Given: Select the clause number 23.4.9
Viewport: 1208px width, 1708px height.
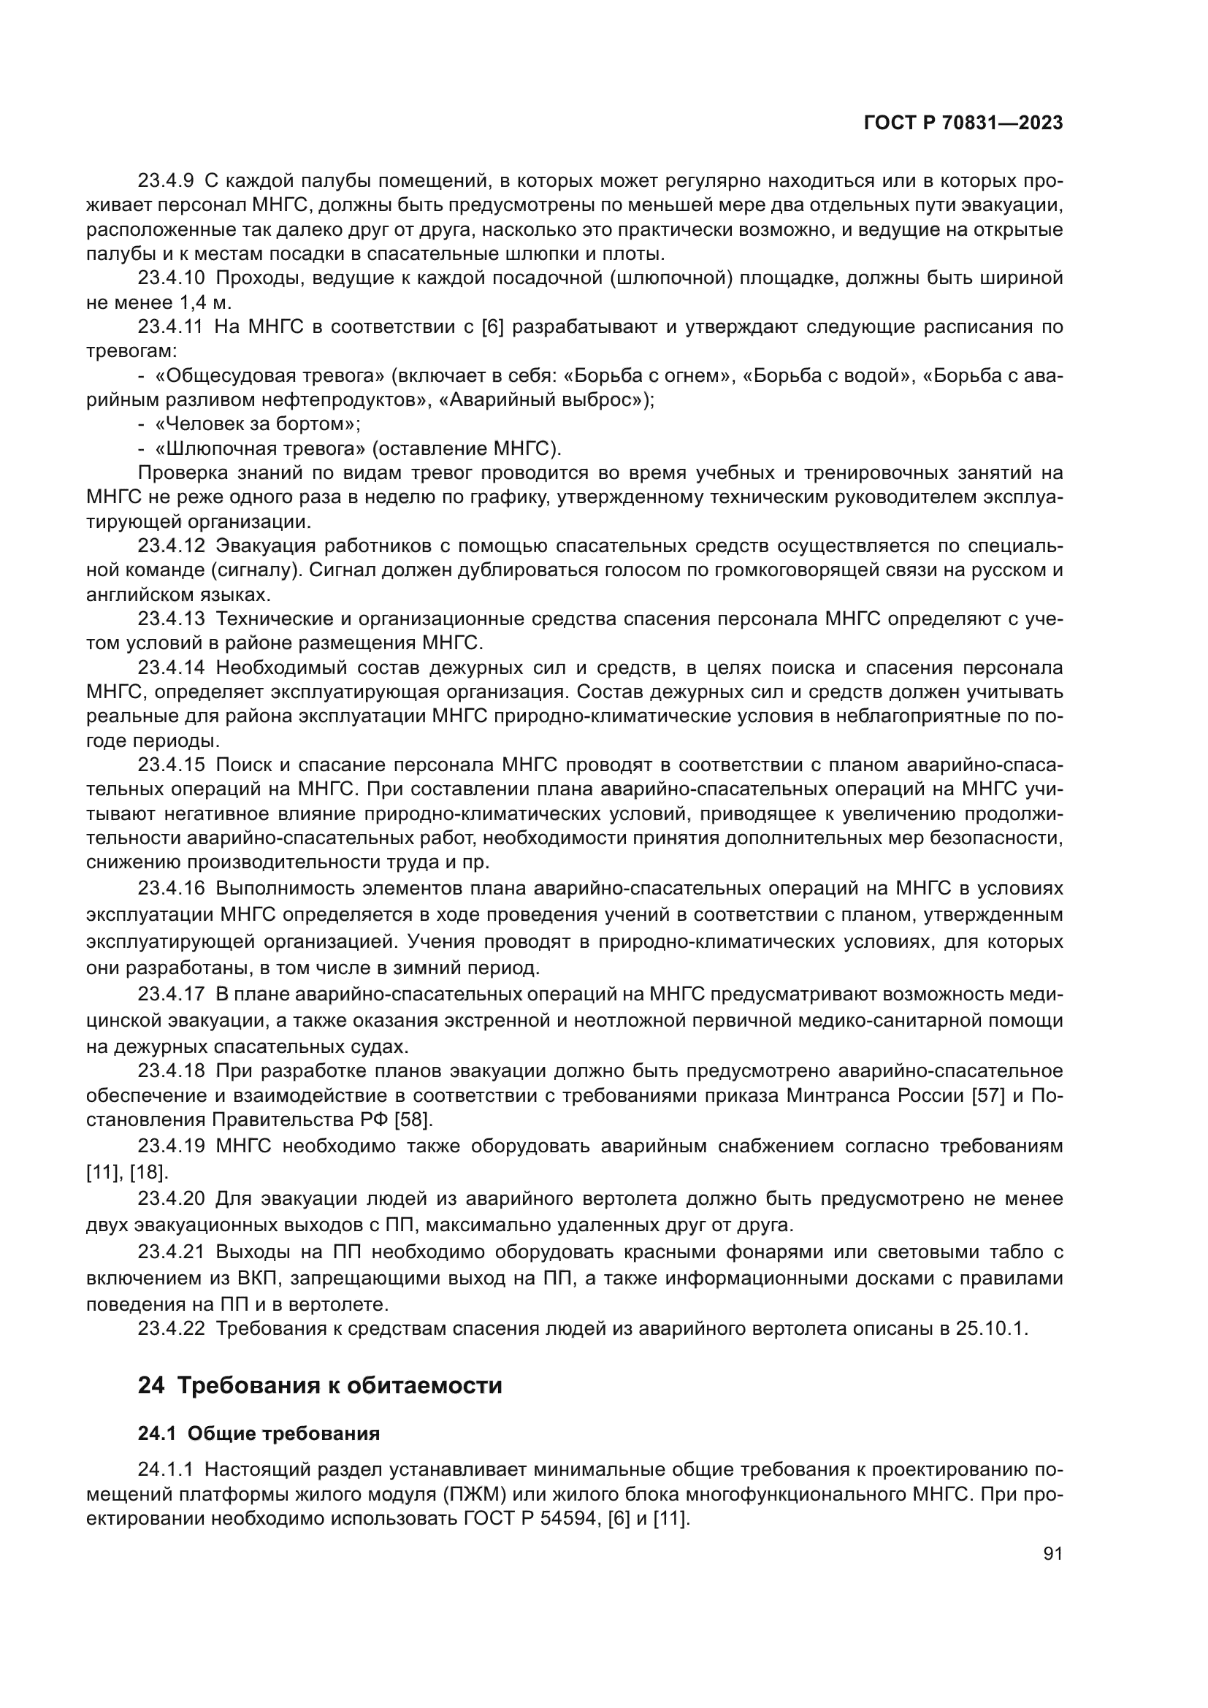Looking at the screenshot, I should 165,181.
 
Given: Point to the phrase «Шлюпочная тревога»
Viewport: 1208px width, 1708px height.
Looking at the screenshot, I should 260,449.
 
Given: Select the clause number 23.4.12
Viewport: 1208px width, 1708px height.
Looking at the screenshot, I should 170,546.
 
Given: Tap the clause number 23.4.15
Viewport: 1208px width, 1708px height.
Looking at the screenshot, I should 170,765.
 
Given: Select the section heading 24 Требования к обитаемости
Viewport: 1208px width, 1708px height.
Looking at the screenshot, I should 320,1386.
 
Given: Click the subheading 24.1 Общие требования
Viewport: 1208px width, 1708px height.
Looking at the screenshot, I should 259,1433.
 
